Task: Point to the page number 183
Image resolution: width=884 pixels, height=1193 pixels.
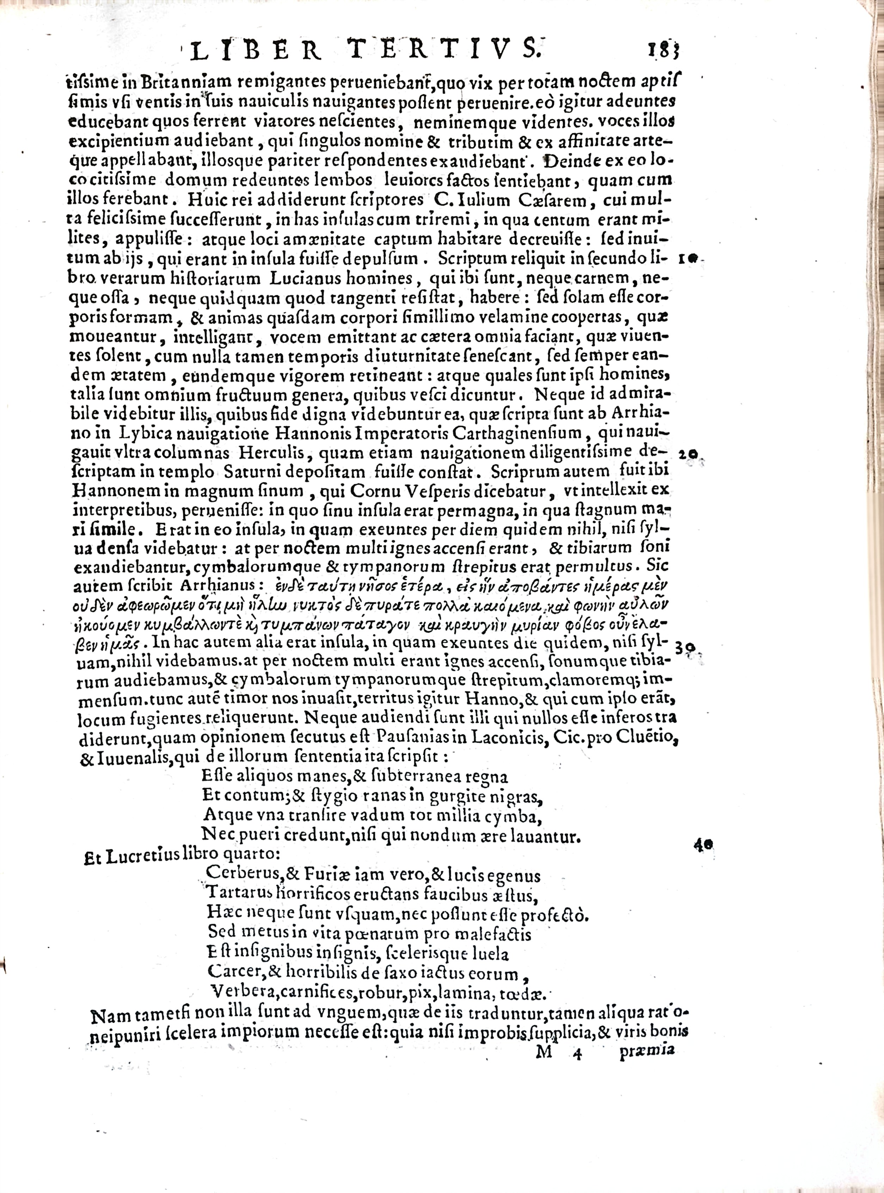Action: pos(666,53)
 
